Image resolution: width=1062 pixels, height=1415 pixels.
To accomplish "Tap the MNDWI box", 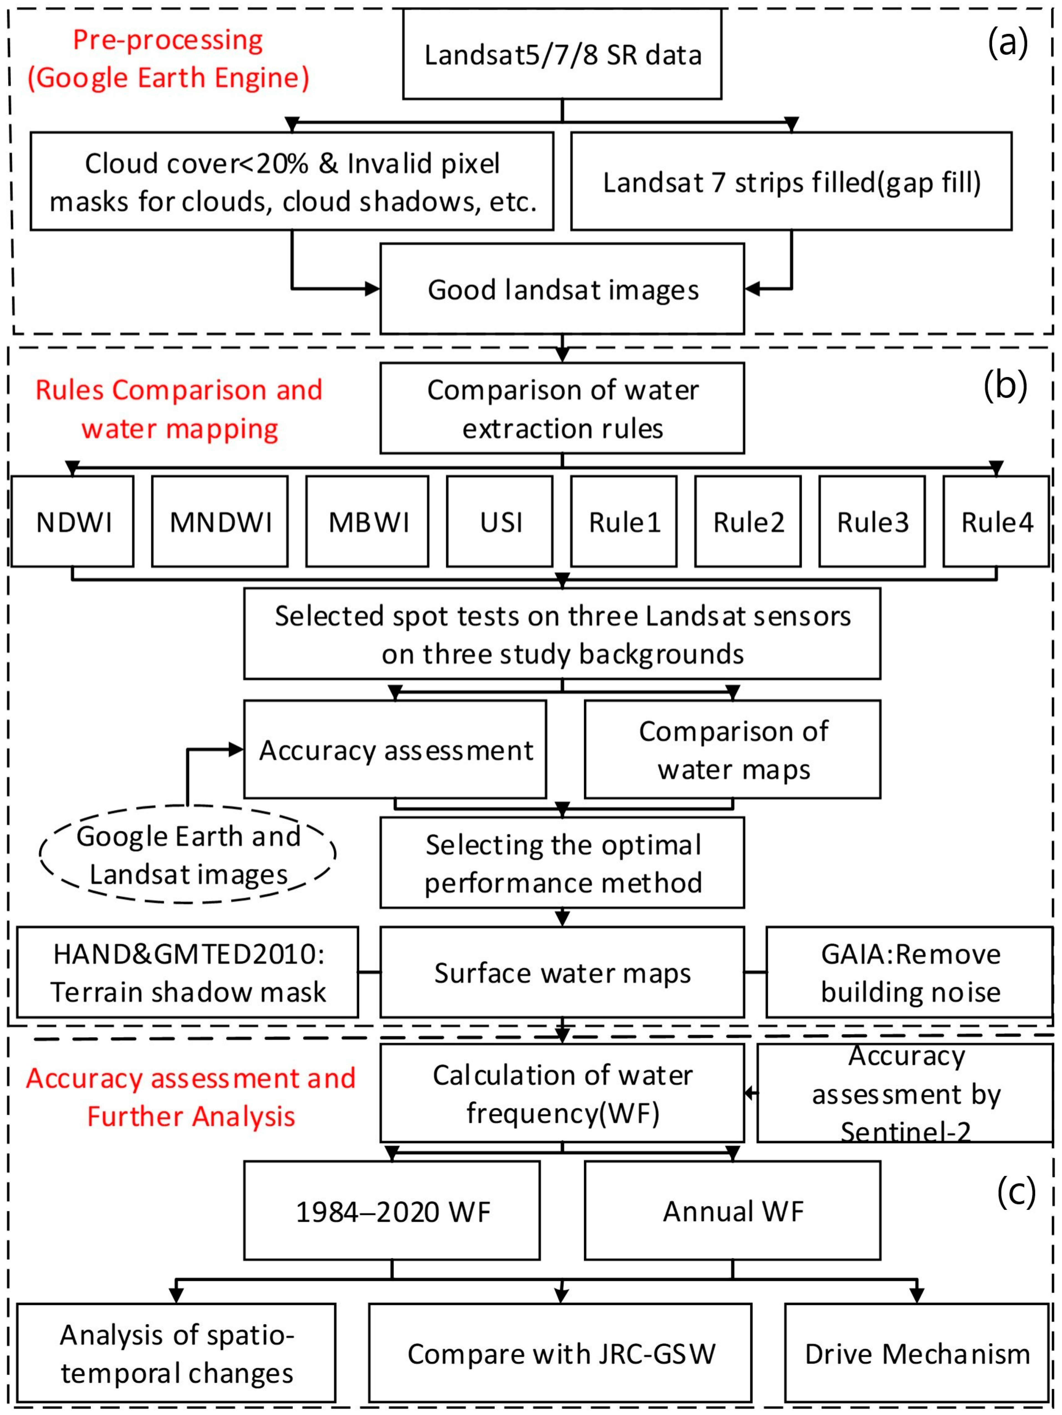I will coord(219,521).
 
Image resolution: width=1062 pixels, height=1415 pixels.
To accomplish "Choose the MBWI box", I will coord(367,521).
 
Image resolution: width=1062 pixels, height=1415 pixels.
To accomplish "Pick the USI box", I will coord(500,521).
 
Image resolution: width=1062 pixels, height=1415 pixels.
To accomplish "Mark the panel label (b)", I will coord(1005,386).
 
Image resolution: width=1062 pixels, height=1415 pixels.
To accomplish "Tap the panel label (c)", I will coord(1016,1191).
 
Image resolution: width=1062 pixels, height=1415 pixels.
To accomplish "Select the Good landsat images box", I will coord(562,289).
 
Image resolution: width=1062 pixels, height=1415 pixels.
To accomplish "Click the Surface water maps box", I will coord(562,972).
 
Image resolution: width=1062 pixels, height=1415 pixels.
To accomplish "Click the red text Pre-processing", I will coord(168,40).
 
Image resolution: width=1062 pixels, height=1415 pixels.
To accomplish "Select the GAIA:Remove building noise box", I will coord(910,972).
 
